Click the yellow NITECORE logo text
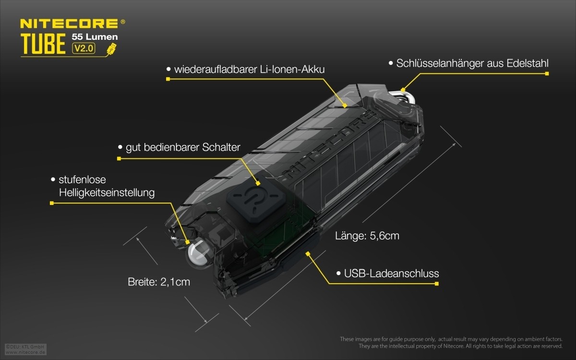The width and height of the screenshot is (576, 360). tap(69, 24)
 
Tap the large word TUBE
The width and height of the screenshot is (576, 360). tap(43, 44)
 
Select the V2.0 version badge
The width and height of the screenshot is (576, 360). tap(84, 48)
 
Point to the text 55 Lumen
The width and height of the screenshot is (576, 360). tap(95, 37)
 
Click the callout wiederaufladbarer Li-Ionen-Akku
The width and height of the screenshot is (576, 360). tap(249, 70)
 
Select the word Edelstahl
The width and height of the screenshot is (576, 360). tap(528, 63)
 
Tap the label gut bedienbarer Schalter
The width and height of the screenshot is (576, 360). tap(183, 147)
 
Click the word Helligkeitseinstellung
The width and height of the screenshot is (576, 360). tap(107, 192)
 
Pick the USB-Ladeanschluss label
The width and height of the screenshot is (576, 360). tap(391, 273)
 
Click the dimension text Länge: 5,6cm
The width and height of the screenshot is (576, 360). tap(367, 236)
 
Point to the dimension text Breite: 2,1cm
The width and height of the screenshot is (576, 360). tap(159, 282)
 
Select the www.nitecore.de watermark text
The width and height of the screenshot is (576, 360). tap(25, 352)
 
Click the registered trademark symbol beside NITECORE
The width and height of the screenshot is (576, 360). tap(123, 22)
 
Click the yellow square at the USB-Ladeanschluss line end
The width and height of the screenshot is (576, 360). tap(437, 284)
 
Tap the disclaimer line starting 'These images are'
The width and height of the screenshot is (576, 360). tap(451, 339)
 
